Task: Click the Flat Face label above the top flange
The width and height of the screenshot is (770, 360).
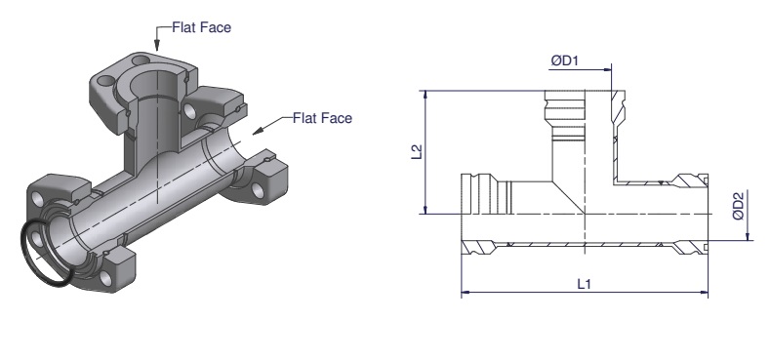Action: pyautogui.click(x=201, y=27)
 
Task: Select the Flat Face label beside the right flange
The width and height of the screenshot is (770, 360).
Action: pyautogui.click(x=322, y=118)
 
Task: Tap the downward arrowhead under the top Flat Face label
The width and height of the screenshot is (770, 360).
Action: pyautogui.click(x=157, y=46)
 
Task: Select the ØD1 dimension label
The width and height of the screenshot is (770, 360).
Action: pyautogui.click(x=565, y=60)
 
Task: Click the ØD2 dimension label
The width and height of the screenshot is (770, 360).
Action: pyautogui.click(x=738, y=205)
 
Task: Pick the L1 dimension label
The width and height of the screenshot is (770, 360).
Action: pyautogui.click(x=584, y=283)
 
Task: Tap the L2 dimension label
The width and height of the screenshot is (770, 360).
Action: pyautogui.click(x=417, y=151)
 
